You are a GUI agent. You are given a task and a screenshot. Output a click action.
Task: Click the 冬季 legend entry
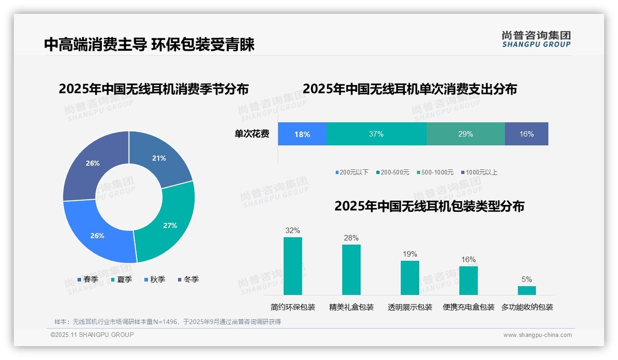(x=188, y=279)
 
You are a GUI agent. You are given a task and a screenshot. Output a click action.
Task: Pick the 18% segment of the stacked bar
(x=302, y=134)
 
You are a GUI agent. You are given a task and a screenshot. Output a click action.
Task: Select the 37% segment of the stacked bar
(x=376, y=134)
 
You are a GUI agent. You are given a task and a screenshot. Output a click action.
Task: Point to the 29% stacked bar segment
(x=465, y=134)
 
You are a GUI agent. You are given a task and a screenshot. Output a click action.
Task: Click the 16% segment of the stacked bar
(x=526, y=134)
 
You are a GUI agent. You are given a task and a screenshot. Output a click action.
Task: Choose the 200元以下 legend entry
(x=352, y=172)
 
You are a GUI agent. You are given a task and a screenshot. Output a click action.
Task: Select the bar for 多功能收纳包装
(x=527, y=290)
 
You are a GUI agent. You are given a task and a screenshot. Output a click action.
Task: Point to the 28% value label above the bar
(x=351, y=238)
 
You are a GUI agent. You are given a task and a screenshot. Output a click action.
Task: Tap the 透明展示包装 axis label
(x=410, y=307)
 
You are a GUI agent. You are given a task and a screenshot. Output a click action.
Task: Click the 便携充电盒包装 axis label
(x=469, y=307)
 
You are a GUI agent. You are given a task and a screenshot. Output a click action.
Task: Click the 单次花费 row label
(x=252, y=134)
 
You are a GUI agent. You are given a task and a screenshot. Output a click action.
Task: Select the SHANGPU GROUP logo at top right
(x=536, y=39)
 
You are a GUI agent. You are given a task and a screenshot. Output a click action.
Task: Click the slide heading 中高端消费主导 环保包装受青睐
(x=149, y=44)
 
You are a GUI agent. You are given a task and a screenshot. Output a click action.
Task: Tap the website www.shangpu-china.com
(x=537, y=335)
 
